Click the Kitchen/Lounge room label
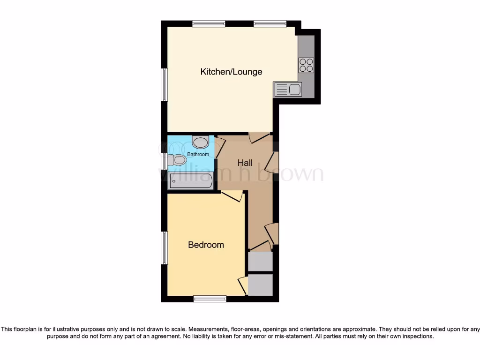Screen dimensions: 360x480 coord(231,72)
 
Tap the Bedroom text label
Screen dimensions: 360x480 coord(206,245)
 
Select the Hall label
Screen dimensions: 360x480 coord(245,163)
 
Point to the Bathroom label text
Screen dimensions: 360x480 coord(198,154)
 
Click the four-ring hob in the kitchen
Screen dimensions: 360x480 coord(306,65)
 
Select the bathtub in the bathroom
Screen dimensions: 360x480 coord(191,180)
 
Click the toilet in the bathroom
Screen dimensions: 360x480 coord(177,160)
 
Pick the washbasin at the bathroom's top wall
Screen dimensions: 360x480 coord(201,142)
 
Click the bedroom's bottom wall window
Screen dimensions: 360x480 coord(210,299)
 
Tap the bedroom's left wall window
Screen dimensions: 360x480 coord(165,247)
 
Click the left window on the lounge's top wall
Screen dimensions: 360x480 coord(209,23)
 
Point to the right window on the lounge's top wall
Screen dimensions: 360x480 coord(270,23)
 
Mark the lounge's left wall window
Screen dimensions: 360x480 coord(165,85)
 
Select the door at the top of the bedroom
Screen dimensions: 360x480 coord(232,195)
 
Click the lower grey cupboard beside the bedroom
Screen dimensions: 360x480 coord(260,285)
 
